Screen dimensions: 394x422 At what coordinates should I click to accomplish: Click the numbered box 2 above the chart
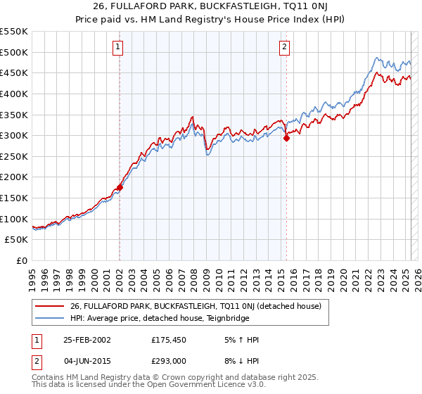(x=284, y=48)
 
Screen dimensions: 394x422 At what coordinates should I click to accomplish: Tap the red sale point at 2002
(x=120, y=187)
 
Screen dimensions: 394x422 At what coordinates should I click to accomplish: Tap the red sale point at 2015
(x=287, y=139)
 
